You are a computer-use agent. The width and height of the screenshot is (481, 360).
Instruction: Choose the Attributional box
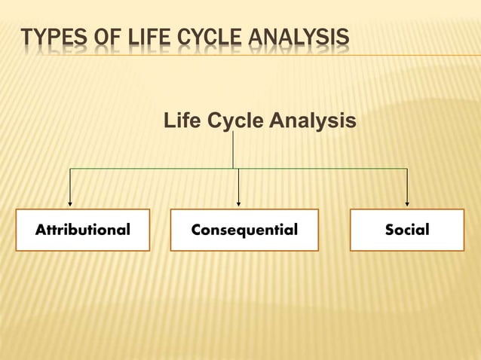[82, 230]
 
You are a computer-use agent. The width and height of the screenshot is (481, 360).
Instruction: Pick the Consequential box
[244, 230]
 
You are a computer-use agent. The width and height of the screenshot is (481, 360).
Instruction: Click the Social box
[407, 230]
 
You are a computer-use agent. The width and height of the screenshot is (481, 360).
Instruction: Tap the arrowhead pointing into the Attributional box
[70, 203]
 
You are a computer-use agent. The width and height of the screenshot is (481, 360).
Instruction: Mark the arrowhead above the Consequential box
[238, 203]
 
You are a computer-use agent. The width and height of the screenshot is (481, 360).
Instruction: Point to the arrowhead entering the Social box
[407, 203]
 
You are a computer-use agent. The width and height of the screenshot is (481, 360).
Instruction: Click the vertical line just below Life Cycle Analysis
[233, 149]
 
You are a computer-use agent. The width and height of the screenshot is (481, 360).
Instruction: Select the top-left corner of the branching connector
[70, 169]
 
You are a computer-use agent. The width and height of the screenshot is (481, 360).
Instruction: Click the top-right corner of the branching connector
[407, 169]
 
